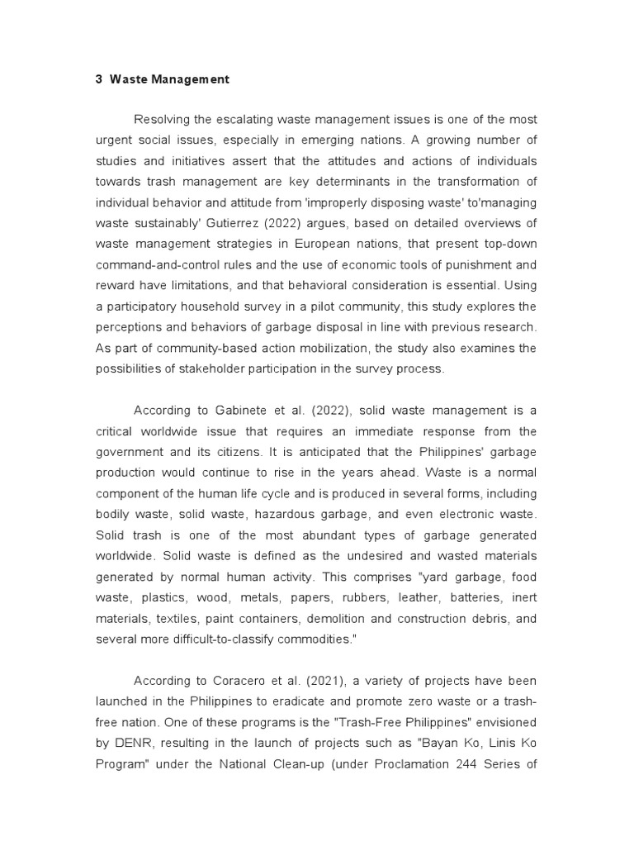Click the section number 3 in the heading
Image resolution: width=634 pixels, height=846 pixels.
[x=98, y=80]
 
